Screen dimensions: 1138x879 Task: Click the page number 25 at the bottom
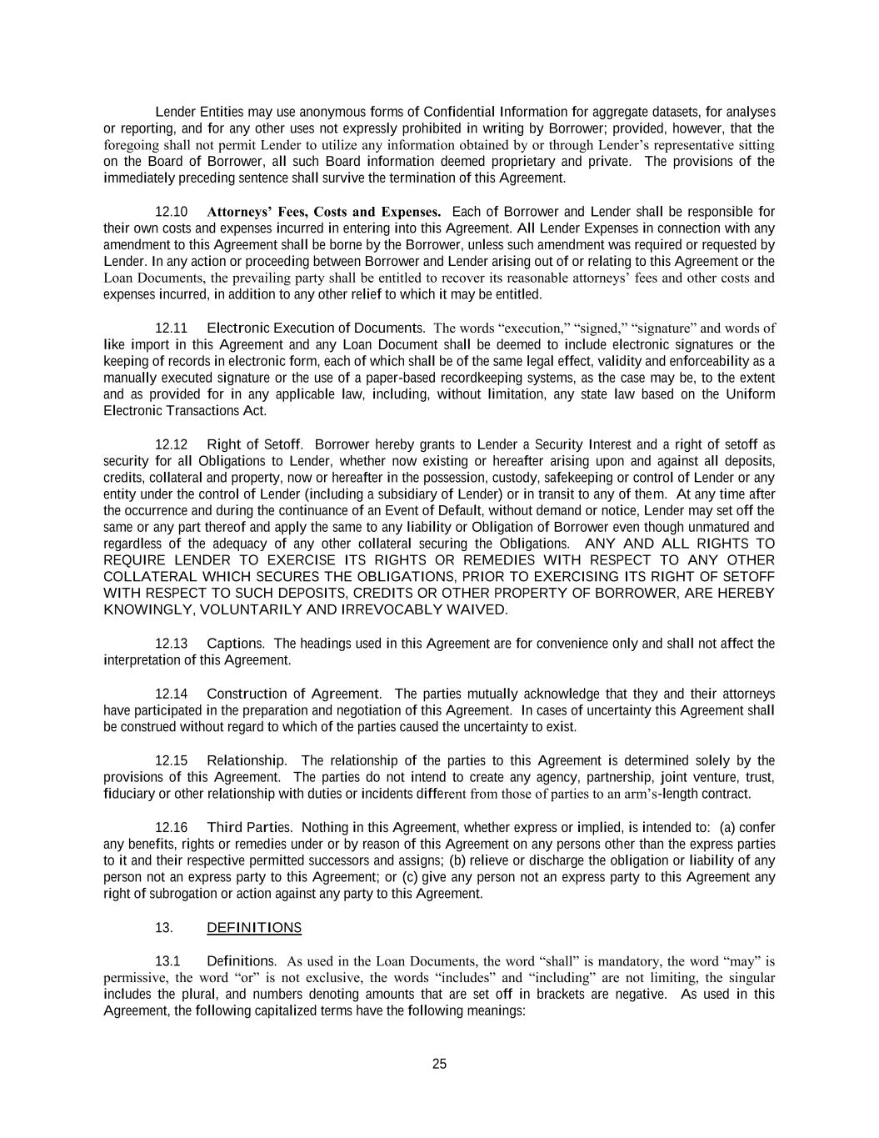pos(439,1064)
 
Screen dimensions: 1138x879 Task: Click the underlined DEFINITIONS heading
pos(254,928)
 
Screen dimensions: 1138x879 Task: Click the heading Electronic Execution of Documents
pos(316,328)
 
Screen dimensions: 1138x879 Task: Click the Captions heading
pos(235,644)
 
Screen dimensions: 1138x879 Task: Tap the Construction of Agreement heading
pos(293,694)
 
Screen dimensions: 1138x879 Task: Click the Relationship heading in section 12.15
pos(246,760)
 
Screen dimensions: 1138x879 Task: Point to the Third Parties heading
pos(249,827)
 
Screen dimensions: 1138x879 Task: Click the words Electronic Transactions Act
pos(184,411)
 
